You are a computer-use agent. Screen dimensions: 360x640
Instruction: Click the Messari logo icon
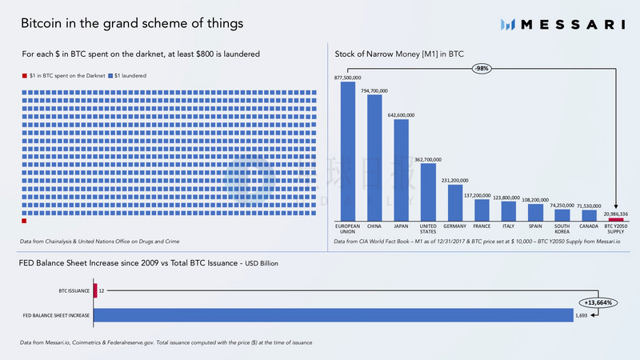point(507,24)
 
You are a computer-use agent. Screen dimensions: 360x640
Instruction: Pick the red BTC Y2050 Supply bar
point(616,219)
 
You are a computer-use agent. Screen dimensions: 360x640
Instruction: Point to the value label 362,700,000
point(428,158)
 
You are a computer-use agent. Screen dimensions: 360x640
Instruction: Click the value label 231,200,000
point(455,180)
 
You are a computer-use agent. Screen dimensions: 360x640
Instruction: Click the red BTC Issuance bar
point(94,291)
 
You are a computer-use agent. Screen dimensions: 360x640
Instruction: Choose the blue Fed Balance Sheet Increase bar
point(333,316)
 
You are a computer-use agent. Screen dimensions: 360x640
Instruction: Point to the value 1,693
point(581,316)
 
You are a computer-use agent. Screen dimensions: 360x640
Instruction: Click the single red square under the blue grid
point(24,221)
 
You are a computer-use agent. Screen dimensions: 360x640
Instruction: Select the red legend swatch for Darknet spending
point(24,75)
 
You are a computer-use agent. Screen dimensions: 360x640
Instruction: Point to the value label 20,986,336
point(616,213)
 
